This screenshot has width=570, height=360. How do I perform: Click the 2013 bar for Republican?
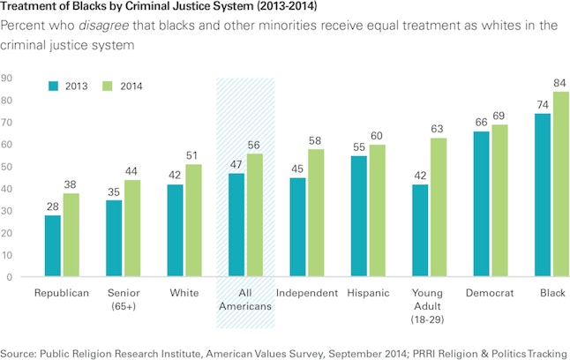click(x=53, y=246)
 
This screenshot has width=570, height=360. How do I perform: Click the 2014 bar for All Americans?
click(x=255, y=215)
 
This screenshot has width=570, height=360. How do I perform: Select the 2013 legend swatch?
click(x=52, y=86)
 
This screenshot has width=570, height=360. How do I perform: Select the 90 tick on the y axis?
click(x=6, y=79)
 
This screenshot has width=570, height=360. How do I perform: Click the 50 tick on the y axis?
click(x=6, y=167)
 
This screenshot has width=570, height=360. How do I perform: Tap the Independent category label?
click(x=307, y=292)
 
